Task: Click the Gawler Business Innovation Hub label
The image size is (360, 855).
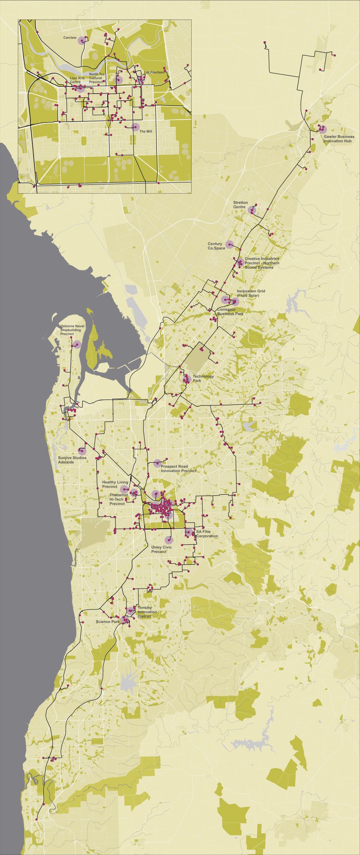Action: click(x=339, y=139)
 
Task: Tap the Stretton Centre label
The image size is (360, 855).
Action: click(x=240, y=205)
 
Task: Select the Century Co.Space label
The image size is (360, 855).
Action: click(x=216, y=246)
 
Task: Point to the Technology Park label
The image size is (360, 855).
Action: click(x=203, y=378)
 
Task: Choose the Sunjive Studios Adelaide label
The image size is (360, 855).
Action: click(x=72, y=460)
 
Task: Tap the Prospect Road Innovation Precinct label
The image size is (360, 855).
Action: click(x=178, y=469)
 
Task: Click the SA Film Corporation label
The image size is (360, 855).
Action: click(x=207, y=533)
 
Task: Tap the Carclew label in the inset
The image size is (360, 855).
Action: click(x=70, y=38)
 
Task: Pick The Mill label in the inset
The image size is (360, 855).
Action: click(x=146, y=131)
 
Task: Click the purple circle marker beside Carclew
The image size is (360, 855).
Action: click(x=82, y=40)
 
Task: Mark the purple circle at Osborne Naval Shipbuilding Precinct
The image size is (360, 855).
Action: click(x=77, y=344)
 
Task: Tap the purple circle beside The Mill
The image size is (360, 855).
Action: click(x=136, y=127)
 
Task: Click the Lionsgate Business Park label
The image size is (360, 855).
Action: click(x=230, y=312)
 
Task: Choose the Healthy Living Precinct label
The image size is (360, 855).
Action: click(x=115, y=485)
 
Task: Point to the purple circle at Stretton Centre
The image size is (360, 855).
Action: click(x=252, y=210)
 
